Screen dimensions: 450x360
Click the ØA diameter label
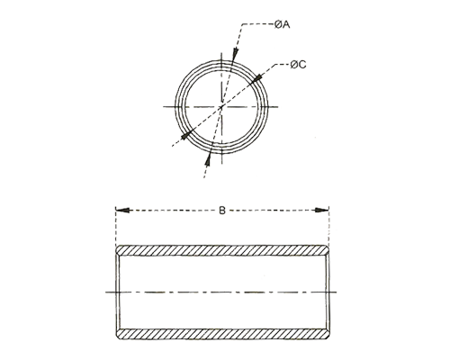tap(282, 24)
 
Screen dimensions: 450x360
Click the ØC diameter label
tap(298, 65)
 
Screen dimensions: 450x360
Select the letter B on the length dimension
tap(222, 211)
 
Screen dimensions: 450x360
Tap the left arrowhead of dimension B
tap(123, 211)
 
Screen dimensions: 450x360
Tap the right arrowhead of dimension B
tap(320, 211)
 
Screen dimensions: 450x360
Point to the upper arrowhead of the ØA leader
tap(236, 55)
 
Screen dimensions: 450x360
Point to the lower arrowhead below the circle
tap(207, 161)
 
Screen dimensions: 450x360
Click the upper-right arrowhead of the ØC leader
tap(256, 76)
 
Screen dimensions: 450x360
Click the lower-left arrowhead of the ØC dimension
tap(186, 136)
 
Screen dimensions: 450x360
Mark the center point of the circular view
tap(221, 107)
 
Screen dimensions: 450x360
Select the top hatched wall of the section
tap(223, 250)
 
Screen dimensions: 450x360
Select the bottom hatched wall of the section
tap(223, 334)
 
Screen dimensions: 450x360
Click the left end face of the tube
tap(118, 292)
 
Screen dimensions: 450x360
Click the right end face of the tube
tap(328, 292)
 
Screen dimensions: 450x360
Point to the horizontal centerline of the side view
tap(221, 292)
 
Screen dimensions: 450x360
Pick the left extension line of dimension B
tap(116, 226)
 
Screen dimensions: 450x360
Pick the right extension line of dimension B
tap(329, 226)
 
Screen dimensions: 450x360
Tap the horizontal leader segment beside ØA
tap(257, 24)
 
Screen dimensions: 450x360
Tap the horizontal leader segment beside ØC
tap(283, 64)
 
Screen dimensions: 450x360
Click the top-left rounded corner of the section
tap(118, 247)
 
